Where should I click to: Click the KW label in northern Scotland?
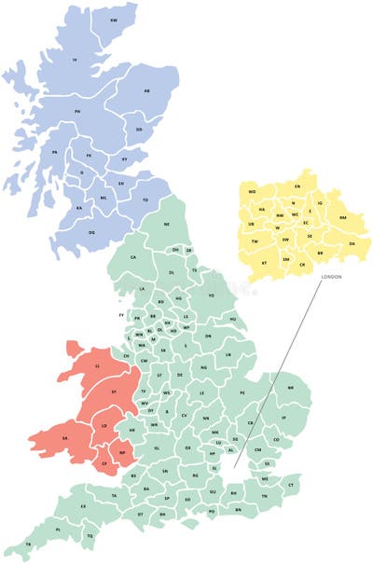click(x=114, y=19)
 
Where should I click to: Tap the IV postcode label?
click(x=75, y=60)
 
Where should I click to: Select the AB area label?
click(x=146, y=90)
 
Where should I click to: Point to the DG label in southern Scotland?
click(x=91, y=232)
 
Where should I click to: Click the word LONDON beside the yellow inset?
click(x=333, y=278)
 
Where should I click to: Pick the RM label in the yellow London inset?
click(x=342, y=217)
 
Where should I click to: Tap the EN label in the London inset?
click(x=297, y=186)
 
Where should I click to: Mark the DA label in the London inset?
click(x=352, y=243)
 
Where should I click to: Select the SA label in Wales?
click(x=64, y=437)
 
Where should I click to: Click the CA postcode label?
click(x=133, y=257)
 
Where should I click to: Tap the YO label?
click(x=212, y=295)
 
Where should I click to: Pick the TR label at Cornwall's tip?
click(x=28, y=543)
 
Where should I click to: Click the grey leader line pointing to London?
click(x=280, y=373)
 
